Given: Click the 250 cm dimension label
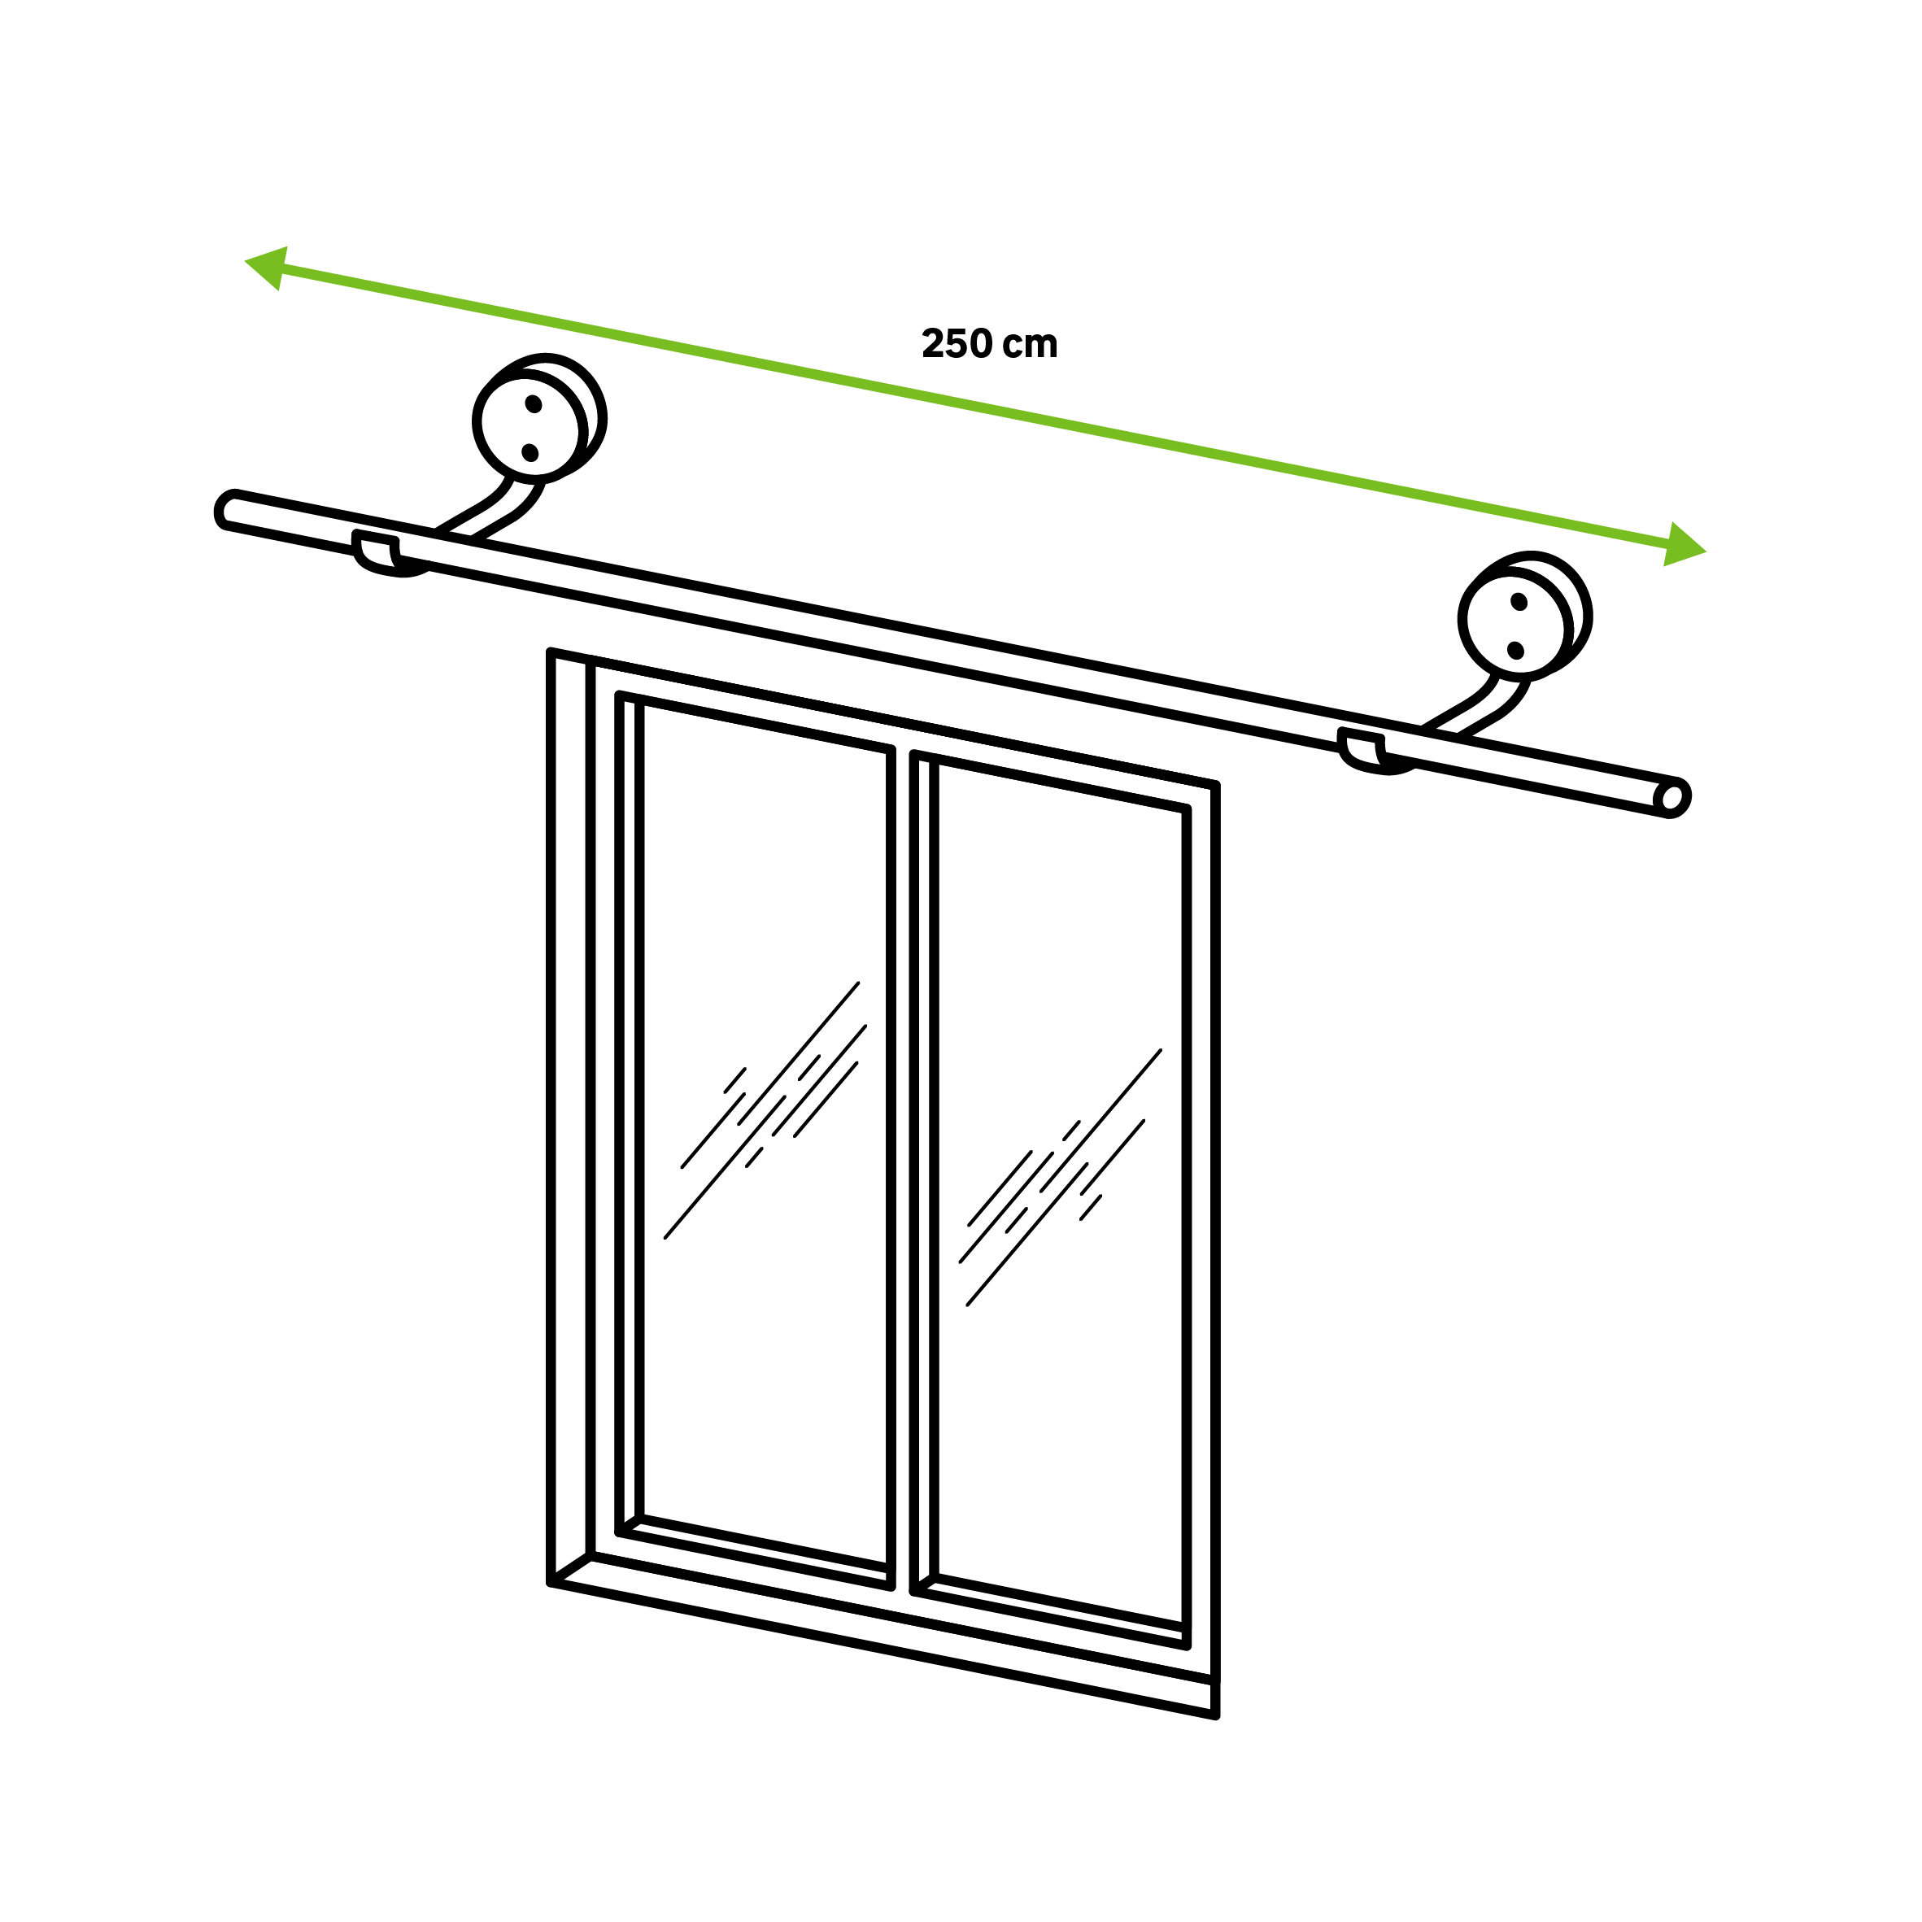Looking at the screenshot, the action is (x=990, y=343).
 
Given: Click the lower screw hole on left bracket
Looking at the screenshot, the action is (x=530, y=453).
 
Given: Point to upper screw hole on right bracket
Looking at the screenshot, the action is (x=1519, y=602).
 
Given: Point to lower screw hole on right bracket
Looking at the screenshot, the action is (x=1516, y=651).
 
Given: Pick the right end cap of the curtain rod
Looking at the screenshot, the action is (x=1673, y=798).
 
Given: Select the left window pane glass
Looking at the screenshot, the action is (x=764, y=1134).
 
